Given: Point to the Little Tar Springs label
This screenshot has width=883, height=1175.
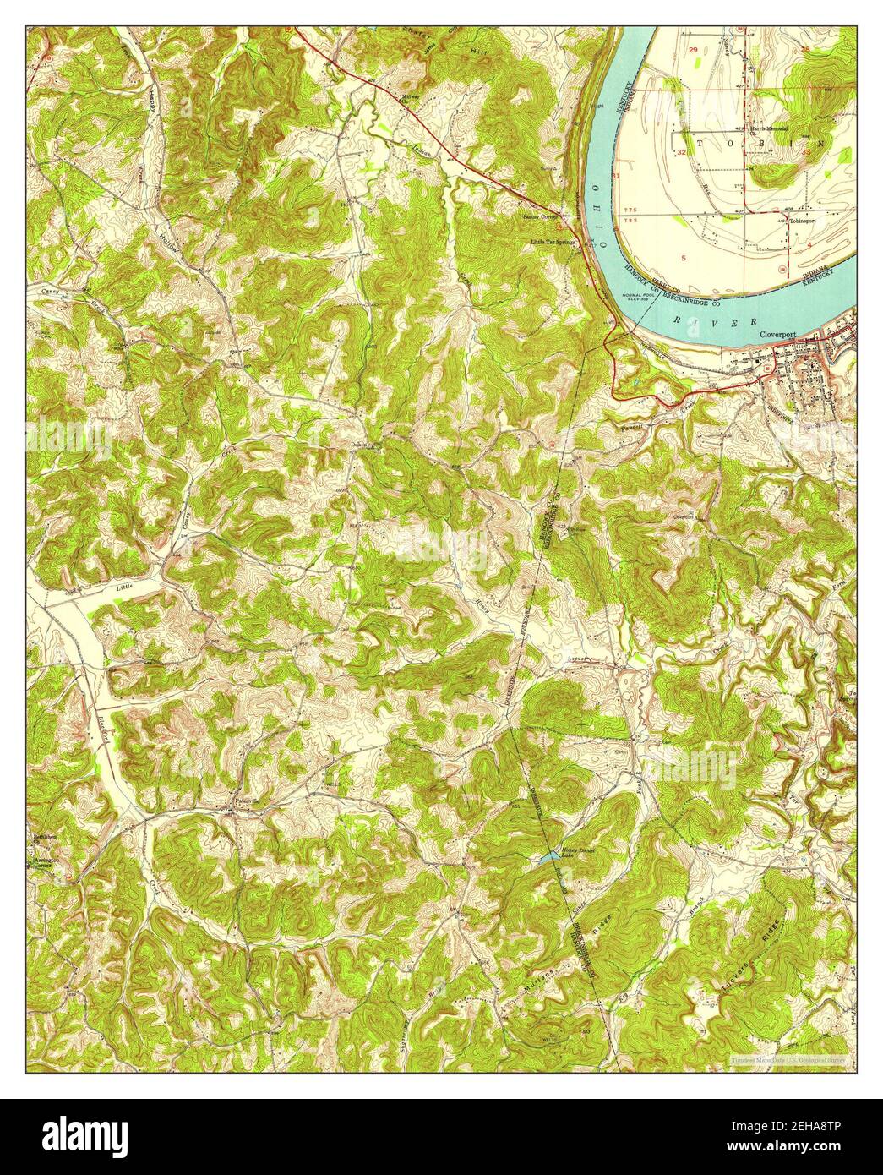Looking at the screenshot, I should click(553, 242).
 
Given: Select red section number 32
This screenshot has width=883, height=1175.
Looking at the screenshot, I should click(681, 152).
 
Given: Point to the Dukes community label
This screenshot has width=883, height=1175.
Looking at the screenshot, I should click(362, 442).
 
